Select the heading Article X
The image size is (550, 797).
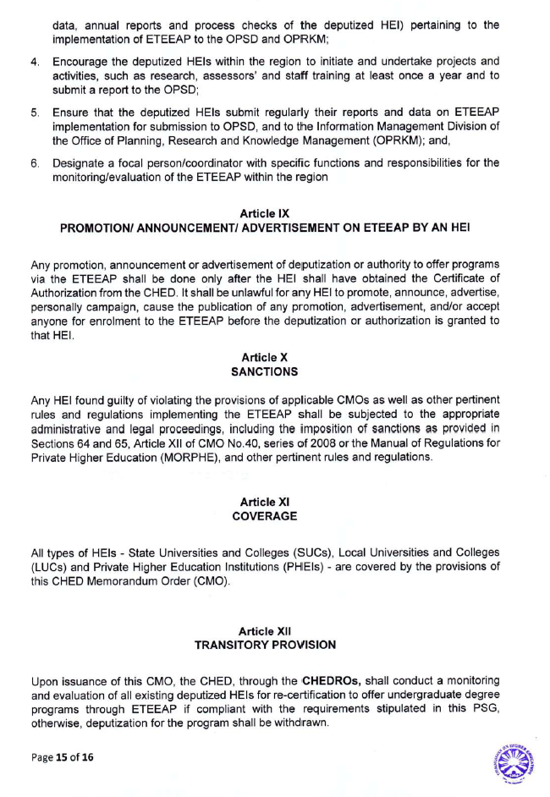pyautogui.click(x=265, y=359)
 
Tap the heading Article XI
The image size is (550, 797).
pyautogui.click(x=265, y=502)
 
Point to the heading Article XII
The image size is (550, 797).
pyautogui.click(x=265, y=631)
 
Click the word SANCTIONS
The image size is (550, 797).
pyautogui.click(x=265, y=372)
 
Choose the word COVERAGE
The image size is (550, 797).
pyautogui.click(x=265, y=515)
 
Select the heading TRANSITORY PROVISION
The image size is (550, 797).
pyautogui.click(x=265, y=645)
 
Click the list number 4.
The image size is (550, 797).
pyautogui.click(x=35, y=62)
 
